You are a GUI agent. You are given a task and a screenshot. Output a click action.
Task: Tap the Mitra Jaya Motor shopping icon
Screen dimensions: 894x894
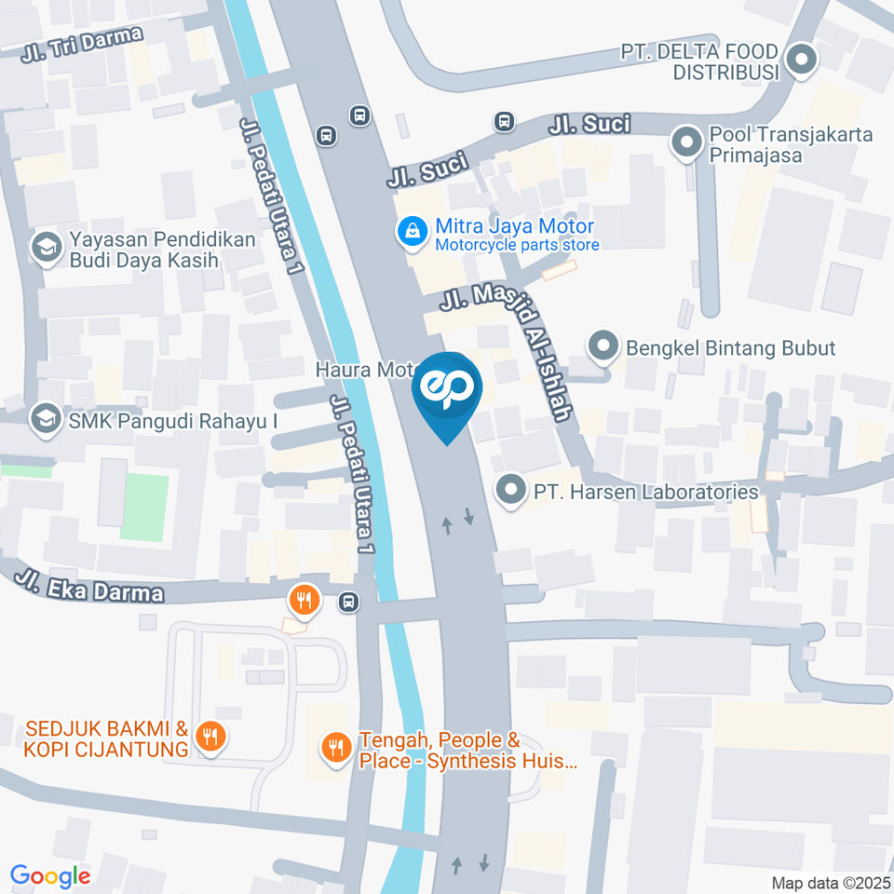pyautogui.click(x=409, y=234)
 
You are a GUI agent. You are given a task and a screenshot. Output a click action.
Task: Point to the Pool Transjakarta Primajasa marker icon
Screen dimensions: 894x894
pyautogui.click(x=687, y=143)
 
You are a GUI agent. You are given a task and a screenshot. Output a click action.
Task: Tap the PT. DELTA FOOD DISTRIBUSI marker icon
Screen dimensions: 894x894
pyautogui.click(x=800, y=62)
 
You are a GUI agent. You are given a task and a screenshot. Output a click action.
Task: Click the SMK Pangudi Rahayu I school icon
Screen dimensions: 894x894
pyautogui.click(x=43, y=420)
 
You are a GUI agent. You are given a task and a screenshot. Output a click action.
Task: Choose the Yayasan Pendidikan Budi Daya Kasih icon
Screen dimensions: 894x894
pyautogui.click(x=43, y=249)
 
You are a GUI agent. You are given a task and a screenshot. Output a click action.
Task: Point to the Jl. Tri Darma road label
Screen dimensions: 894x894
pyautogui.click(x=83, y=44)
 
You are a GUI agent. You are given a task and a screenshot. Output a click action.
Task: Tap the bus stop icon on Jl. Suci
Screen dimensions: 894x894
pyautogui.click(x=504, y=122)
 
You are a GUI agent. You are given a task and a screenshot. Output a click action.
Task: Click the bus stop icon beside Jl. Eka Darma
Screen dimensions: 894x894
pyautogui.click(x=348, y=602)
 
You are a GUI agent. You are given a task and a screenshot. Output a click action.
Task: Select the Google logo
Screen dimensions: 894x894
pyautogui.click(x=50, y=876)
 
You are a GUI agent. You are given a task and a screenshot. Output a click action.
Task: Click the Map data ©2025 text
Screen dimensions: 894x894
pyautogui.click(x=832, y=883)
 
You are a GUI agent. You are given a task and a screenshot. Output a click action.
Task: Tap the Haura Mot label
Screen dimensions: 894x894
pyautogui.click(x=364, y=370)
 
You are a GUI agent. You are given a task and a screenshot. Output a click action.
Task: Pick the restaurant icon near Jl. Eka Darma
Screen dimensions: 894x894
pyautogui.click(x=304, y=599)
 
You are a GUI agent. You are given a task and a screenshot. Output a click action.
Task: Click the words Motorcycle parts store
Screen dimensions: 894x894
pyautogui.click(x=517, y=245)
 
